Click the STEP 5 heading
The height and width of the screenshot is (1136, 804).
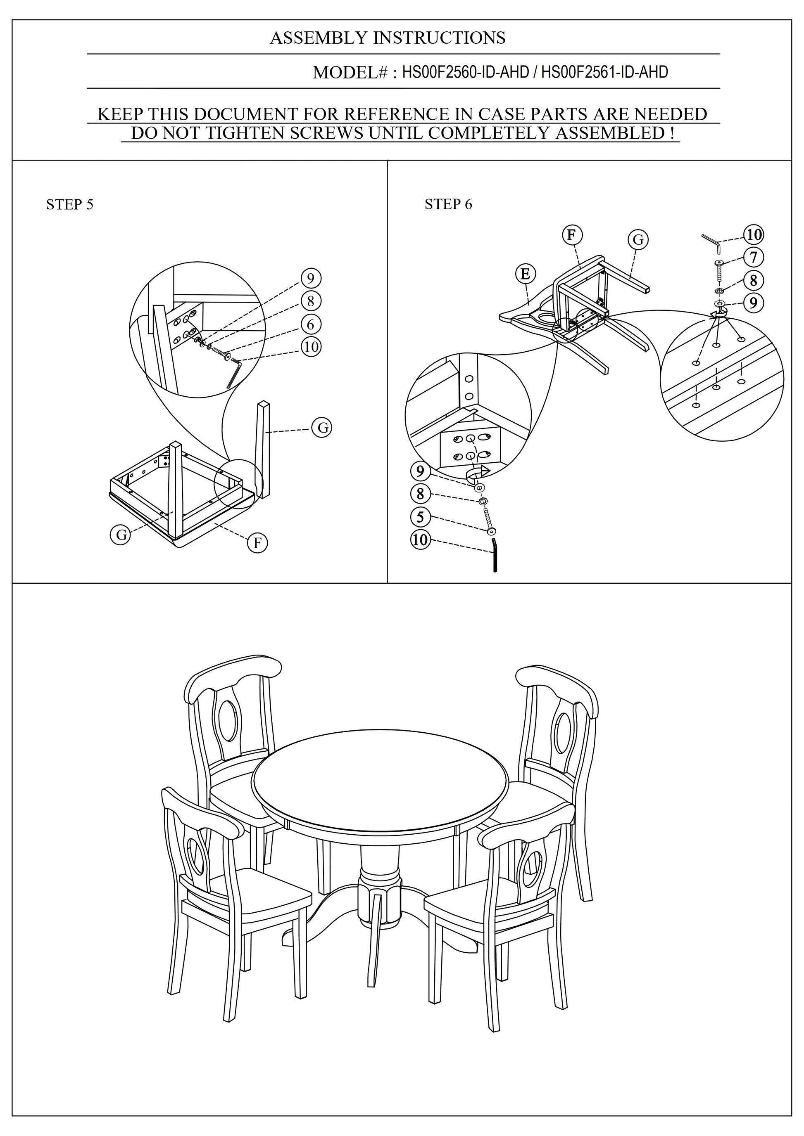pos(69,204)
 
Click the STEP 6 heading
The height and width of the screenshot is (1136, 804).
pos(448,204)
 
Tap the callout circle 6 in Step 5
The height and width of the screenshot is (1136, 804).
pos(310,324)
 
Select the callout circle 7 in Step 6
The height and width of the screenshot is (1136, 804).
pos(754,257)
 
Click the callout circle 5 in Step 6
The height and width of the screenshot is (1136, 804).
pos(420,517)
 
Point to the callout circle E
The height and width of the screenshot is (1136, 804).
pos(525,274)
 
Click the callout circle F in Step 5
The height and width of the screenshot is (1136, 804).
pos(257,543)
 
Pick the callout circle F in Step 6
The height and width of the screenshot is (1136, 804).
pos(572,234)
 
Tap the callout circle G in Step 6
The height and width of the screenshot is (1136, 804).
pos(637,240)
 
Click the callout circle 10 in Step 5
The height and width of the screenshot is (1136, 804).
pos(310,346)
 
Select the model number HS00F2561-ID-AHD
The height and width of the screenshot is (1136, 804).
pos(604,73)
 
